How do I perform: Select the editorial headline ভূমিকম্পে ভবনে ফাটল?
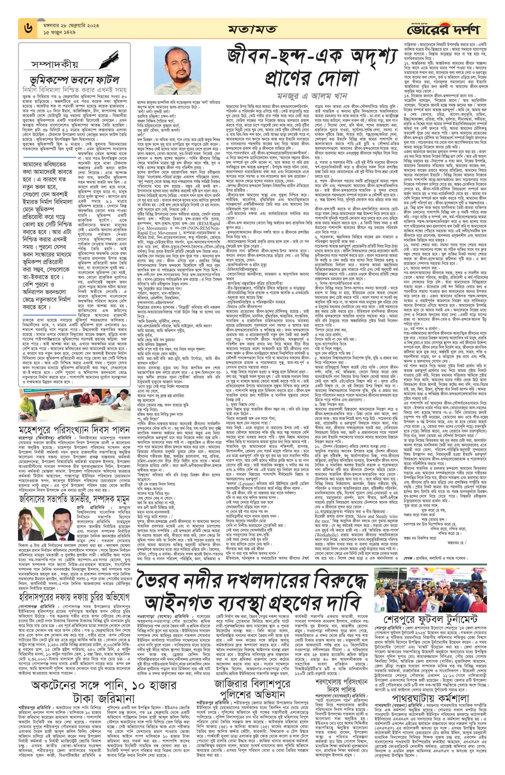click(x=74, y=80)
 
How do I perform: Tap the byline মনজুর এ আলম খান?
click(x=312, y=96)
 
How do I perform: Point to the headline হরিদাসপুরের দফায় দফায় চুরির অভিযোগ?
click(x=74, y=597)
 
